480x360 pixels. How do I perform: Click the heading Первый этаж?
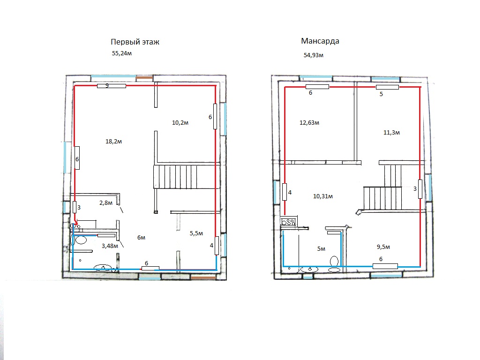pos(135,42)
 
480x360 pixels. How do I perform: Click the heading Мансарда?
pos(320,41)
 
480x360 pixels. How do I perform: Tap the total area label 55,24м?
pos(122,53)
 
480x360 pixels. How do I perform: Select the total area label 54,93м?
pos(314,55)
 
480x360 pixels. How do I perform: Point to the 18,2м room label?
pos(113,142)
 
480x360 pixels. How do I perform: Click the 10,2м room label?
pos(180,123)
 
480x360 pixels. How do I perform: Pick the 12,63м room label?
pos(309,123)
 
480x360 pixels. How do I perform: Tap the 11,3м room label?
pos(391,133)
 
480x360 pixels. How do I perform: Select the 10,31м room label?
pos(323,196)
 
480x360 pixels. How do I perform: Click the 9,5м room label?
pos(383,247)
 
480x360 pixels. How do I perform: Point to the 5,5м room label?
pos(196,233)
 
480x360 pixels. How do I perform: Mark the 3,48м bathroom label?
pos(110,246)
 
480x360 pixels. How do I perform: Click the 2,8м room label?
pos(106,202)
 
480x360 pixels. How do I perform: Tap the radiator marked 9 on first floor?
pos(112,86)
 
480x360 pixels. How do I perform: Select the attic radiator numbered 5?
pos(387,87)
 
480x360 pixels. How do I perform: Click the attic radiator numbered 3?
pos(420,189)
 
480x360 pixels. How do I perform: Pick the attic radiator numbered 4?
pos(285,192)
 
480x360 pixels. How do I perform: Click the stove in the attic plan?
pos(289,221)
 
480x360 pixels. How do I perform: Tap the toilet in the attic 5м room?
pos(334,264)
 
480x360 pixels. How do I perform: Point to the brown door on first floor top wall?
pos(144,78)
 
